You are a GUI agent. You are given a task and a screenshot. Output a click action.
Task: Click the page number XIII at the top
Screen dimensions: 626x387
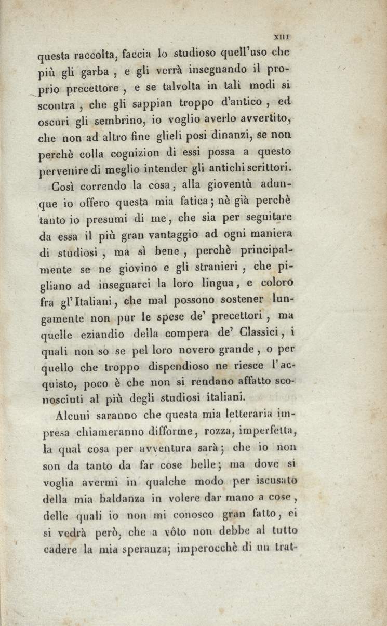point(282,37)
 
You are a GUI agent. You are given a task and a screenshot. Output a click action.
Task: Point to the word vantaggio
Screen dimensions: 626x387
point(168,235)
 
